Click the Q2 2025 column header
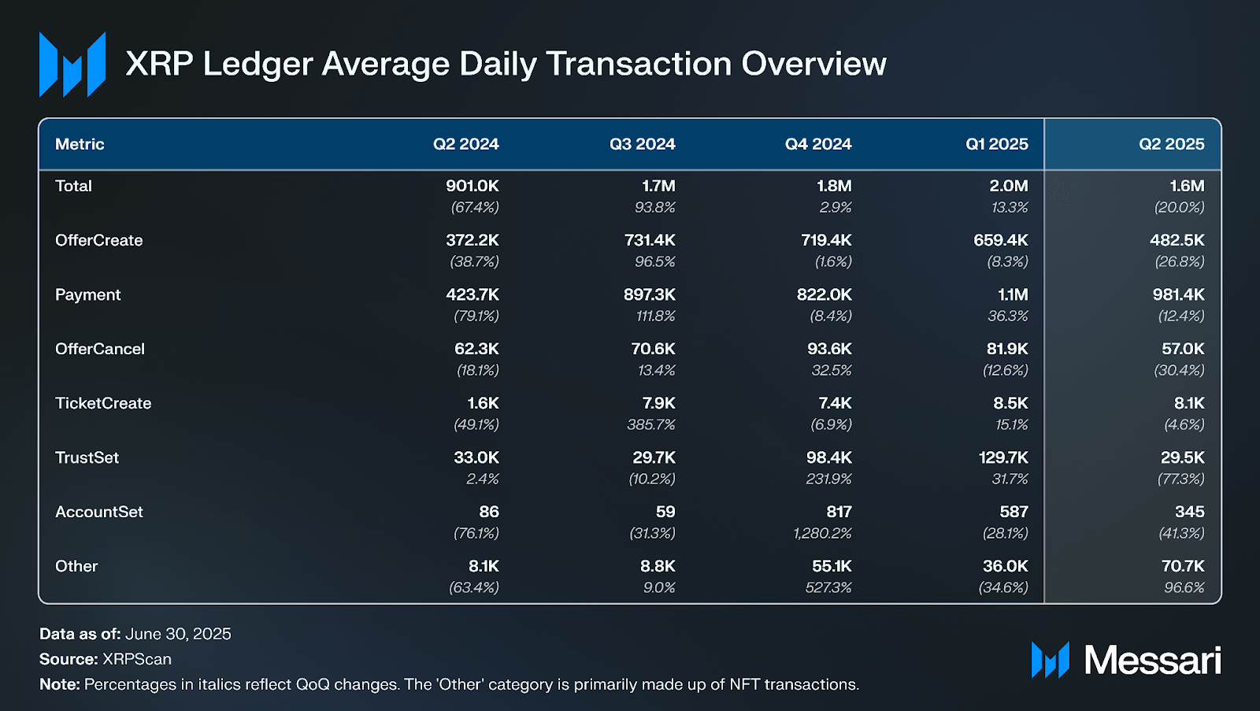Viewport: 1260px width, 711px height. click(1171, 144)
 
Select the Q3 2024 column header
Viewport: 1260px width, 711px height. click(642, 144)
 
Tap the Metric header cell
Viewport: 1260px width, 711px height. click(80, 144)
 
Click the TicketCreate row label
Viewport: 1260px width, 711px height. click(103, 403)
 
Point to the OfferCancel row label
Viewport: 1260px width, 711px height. click(100, 349)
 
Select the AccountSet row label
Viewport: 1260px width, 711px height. click(99, 512)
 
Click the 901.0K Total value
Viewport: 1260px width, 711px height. click(472, 186)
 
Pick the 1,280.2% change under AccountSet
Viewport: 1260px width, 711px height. click(822, 533)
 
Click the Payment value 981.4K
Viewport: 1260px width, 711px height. click(1178, 294)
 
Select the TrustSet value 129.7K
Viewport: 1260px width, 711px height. click(1002, 457)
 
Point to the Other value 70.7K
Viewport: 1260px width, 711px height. click(1183, 566)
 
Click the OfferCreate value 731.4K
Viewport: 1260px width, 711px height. click(650, 240)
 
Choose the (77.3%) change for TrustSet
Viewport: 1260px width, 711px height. click(1180, 479)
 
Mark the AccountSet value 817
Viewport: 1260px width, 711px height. click(839, 512)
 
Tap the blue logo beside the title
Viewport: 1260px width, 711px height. click(72, 65)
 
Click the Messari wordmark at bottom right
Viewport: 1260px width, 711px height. click(1152, 660)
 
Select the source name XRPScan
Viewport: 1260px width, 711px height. click(136, 659)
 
